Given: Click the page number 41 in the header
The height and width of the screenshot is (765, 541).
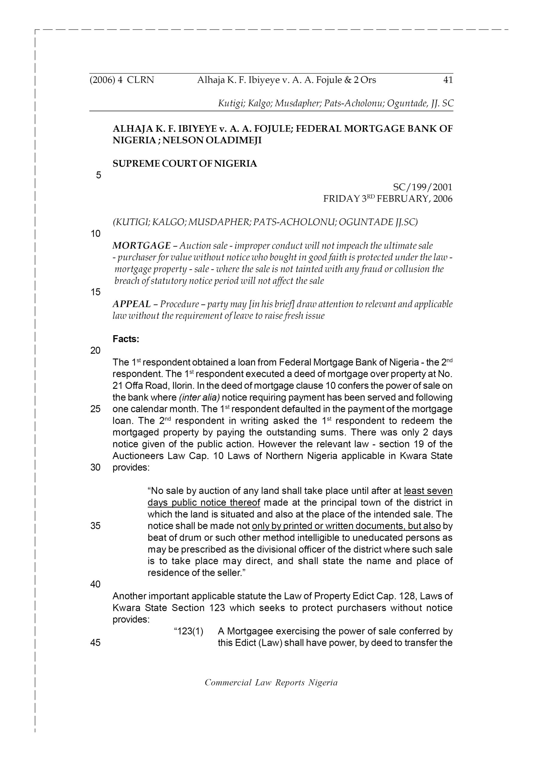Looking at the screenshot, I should pos(448,80).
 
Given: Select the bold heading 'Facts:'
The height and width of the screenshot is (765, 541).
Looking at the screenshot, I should pos(126,339).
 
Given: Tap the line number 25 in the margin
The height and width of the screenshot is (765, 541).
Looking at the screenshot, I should pos(95,409).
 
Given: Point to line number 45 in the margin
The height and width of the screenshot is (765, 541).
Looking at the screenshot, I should pos(95,643).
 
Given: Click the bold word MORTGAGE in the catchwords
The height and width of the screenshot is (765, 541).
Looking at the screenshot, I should pos(142,246).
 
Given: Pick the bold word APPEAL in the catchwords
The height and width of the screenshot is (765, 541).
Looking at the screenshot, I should pos(132,304).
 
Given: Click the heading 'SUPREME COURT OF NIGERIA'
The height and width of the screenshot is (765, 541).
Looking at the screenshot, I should pos(185,163).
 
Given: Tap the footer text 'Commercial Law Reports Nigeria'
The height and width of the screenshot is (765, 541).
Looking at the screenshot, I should pos(271,683).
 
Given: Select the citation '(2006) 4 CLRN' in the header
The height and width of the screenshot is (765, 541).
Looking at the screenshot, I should pos(122,80).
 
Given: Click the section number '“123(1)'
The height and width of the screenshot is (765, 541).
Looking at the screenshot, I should pos(189,631).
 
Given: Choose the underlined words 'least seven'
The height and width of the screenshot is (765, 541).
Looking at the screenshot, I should pos(428,491).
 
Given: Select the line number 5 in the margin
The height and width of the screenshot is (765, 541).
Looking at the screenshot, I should pos(98,175).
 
